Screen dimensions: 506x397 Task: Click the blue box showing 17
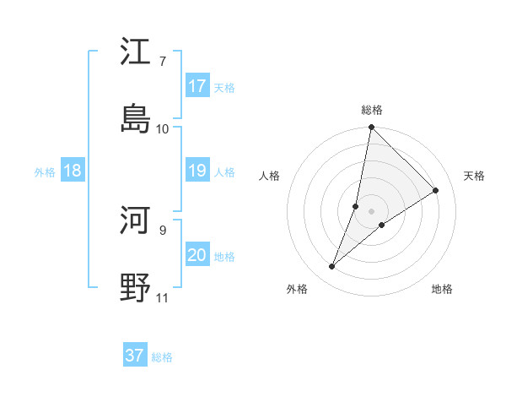click(x=197, y=86)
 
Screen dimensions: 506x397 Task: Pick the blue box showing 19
click(x=197, y=171)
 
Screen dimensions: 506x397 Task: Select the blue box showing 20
click(x=197, y=255)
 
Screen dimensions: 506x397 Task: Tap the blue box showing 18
click(x=73, y=171)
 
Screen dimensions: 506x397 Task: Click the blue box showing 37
click(x=135, y=356)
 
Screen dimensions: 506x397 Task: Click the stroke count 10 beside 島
click(x=163, y=128)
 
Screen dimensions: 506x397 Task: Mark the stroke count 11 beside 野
click(x=163, y=297)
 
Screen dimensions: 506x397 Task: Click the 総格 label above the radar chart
click(x=372, y=110)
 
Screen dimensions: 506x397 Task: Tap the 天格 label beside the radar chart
click(x=474, y=176)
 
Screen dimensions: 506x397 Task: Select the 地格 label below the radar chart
click(x=442, y=289)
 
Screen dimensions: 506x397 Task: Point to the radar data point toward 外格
click(x=332, y=267)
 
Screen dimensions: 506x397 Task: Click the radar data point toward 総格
click(x=371, y=128)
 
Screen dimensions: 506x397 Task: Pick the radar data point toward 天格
click(x=436, y=190)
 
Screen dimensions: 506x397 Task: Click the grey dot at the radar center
click(x=371, y=211)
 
